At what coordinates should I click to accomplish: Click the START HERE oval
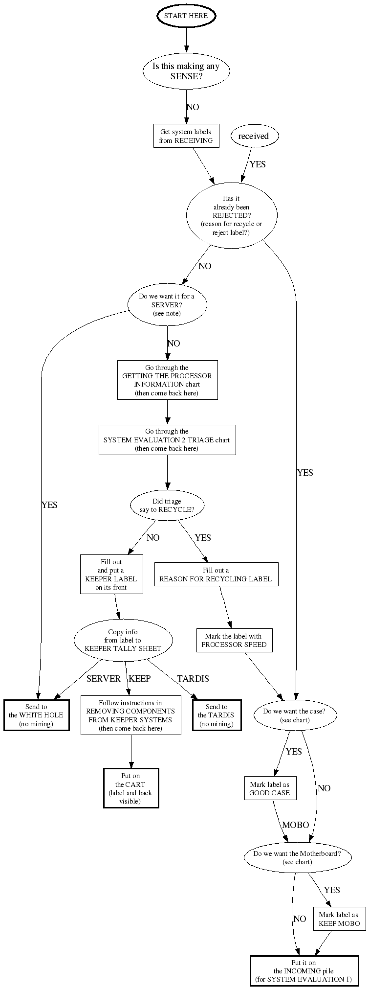click(x=186, y=16)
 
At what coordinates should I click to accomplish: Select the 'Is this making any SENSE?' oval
click(x=186, y=71)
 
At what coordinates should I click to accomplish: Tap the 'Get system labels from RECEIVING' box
click(x=186, y=136)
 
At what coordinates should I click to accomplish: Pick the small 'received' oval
click(x=253, y=136)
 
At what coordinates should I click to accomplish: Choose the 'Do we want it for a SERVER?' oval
click(x=167, y=304)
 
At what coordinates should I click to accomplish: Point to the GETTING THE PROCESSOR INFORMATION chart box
click(x=167, y=380)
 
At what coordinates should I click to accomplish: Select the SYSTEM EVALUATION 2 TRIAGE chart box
click(x=167, y=440)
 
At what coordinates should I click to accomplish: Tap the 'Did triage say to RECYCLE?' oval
click(x=167, y=506)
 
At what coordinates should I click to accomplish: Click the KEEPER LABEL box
click(x=111, y=575)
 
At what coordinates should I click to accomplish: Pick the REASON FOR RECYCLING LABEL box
click(x=216, y=575)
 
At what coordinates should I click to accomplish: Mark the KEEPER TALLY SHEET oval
click(x=123, y=640)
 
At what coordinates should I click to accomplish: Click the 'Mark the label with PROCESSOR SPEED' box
click(x=234, y=640)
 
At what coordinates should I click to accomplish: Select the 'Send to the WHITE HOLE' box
click(x=37, y=715)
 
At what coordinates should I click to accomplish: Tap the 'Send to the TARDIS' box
click(x=217, y=715)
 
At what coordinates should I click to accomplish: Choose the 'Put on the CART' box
click(x=131, y=788)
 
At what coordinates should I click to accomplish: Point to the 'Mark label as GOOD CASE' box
click(x=270, y=788)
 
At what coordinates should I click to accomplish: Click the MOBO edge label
click(x=295, y=825)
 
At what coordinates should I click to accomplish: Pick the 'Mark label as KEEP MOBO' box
click(x=339, y=920)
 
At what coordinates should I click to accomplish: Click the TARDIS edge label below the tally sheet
click(x=193, y=679)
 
